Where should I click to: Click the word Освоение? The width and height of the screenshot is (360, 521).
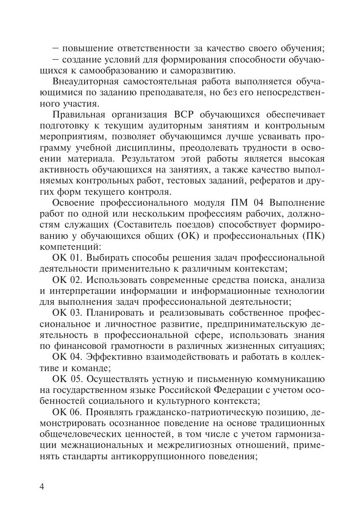74,203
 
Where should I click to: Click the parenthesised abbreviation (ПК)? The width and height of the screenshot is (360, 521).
313,236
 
